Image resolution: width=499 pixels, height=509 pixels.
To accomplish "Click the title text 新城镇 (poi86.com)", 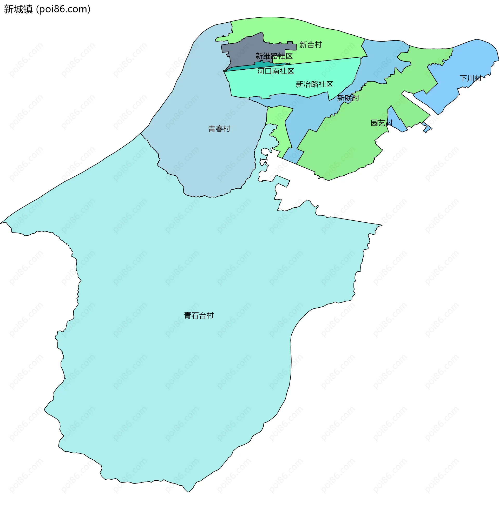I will tap(47, 9).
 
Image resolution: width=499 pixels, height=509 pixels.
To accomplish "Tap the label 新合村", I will tap(311, 45).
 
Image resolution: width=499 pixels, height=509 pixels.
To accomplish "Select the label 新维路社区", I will tap(274, 56).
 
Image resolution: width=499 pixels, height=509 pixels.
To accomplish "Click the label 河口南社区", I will tap(275, 71).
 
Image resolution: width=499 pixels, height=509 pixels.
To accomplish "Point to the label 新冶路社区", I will tap(314, 84).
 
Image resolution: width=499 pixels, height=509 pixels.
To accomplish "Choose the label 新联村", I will tap(348, 98).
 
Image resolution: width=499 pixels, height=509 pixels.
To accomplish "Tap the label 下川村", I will tap(470, 78).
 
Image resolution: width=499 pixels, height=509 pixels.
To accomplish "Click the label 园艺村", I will tap(381, 123).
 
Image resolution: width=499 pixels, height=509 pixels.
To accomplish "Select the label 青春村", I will tap(219, 129).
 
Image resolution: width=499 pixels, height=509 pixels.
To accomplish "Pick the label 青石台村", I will tap(199, 315).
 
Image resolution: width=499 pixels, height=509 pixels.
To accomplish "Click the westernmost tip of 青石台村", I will tap(2, 223).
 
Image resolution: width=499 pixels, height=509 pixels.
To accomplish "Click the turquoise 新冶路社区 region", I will tap(288, 81).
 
